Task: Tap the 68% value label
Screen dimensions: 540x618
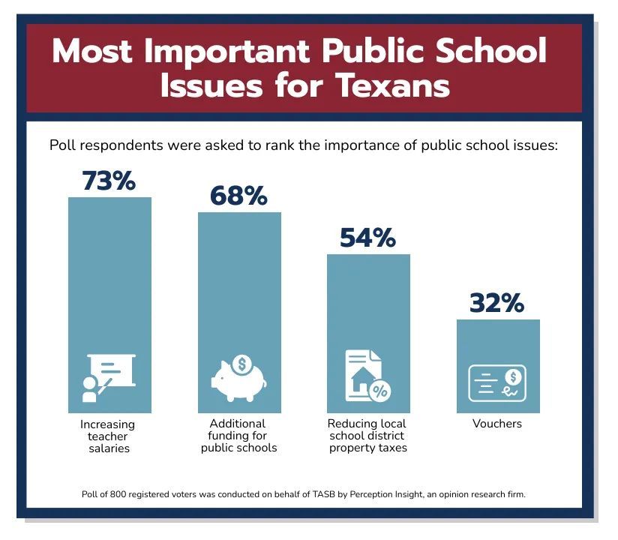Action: pos(238,196)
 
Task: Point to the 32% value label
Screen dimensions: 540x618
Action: pos(497,303)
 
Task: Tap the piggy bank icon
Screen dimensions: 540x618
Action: pos(238,379)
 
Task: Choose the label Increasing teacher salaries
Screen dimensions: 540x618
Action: pos(108,436)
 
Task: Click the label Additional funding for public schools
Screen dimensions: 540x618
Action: pos(238,436)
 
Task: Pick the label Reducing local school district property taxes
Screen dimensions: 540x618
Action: pos(367,436)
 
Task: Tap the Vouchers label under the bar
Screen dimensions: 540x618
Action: pos(496,424)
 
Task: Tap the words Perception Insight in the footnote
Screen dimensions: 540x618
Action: pos(370,494)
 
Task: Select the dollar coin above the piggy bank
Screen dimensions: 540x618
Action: pos(241,364)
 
